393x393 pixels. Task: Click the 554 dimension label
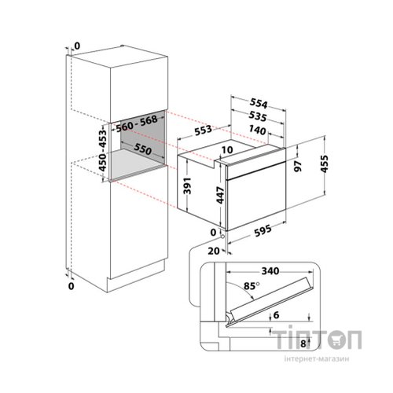coord(259,103)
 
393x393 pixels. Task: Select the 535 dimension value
coord(258,116)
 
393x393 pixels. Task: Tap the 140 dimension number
coord(257,130)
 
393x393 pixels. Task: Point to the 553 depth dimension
coord(203,130)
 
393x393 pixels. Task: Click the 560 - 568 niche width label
coord(137,123)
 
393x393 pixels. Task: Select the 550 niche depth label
coord(143,149)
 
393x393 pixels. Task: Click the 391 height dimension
coord(187,185)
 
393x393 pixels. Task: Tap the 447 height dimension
coord(220,195)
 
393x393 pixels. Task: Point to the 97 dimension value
coord(298,166)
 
